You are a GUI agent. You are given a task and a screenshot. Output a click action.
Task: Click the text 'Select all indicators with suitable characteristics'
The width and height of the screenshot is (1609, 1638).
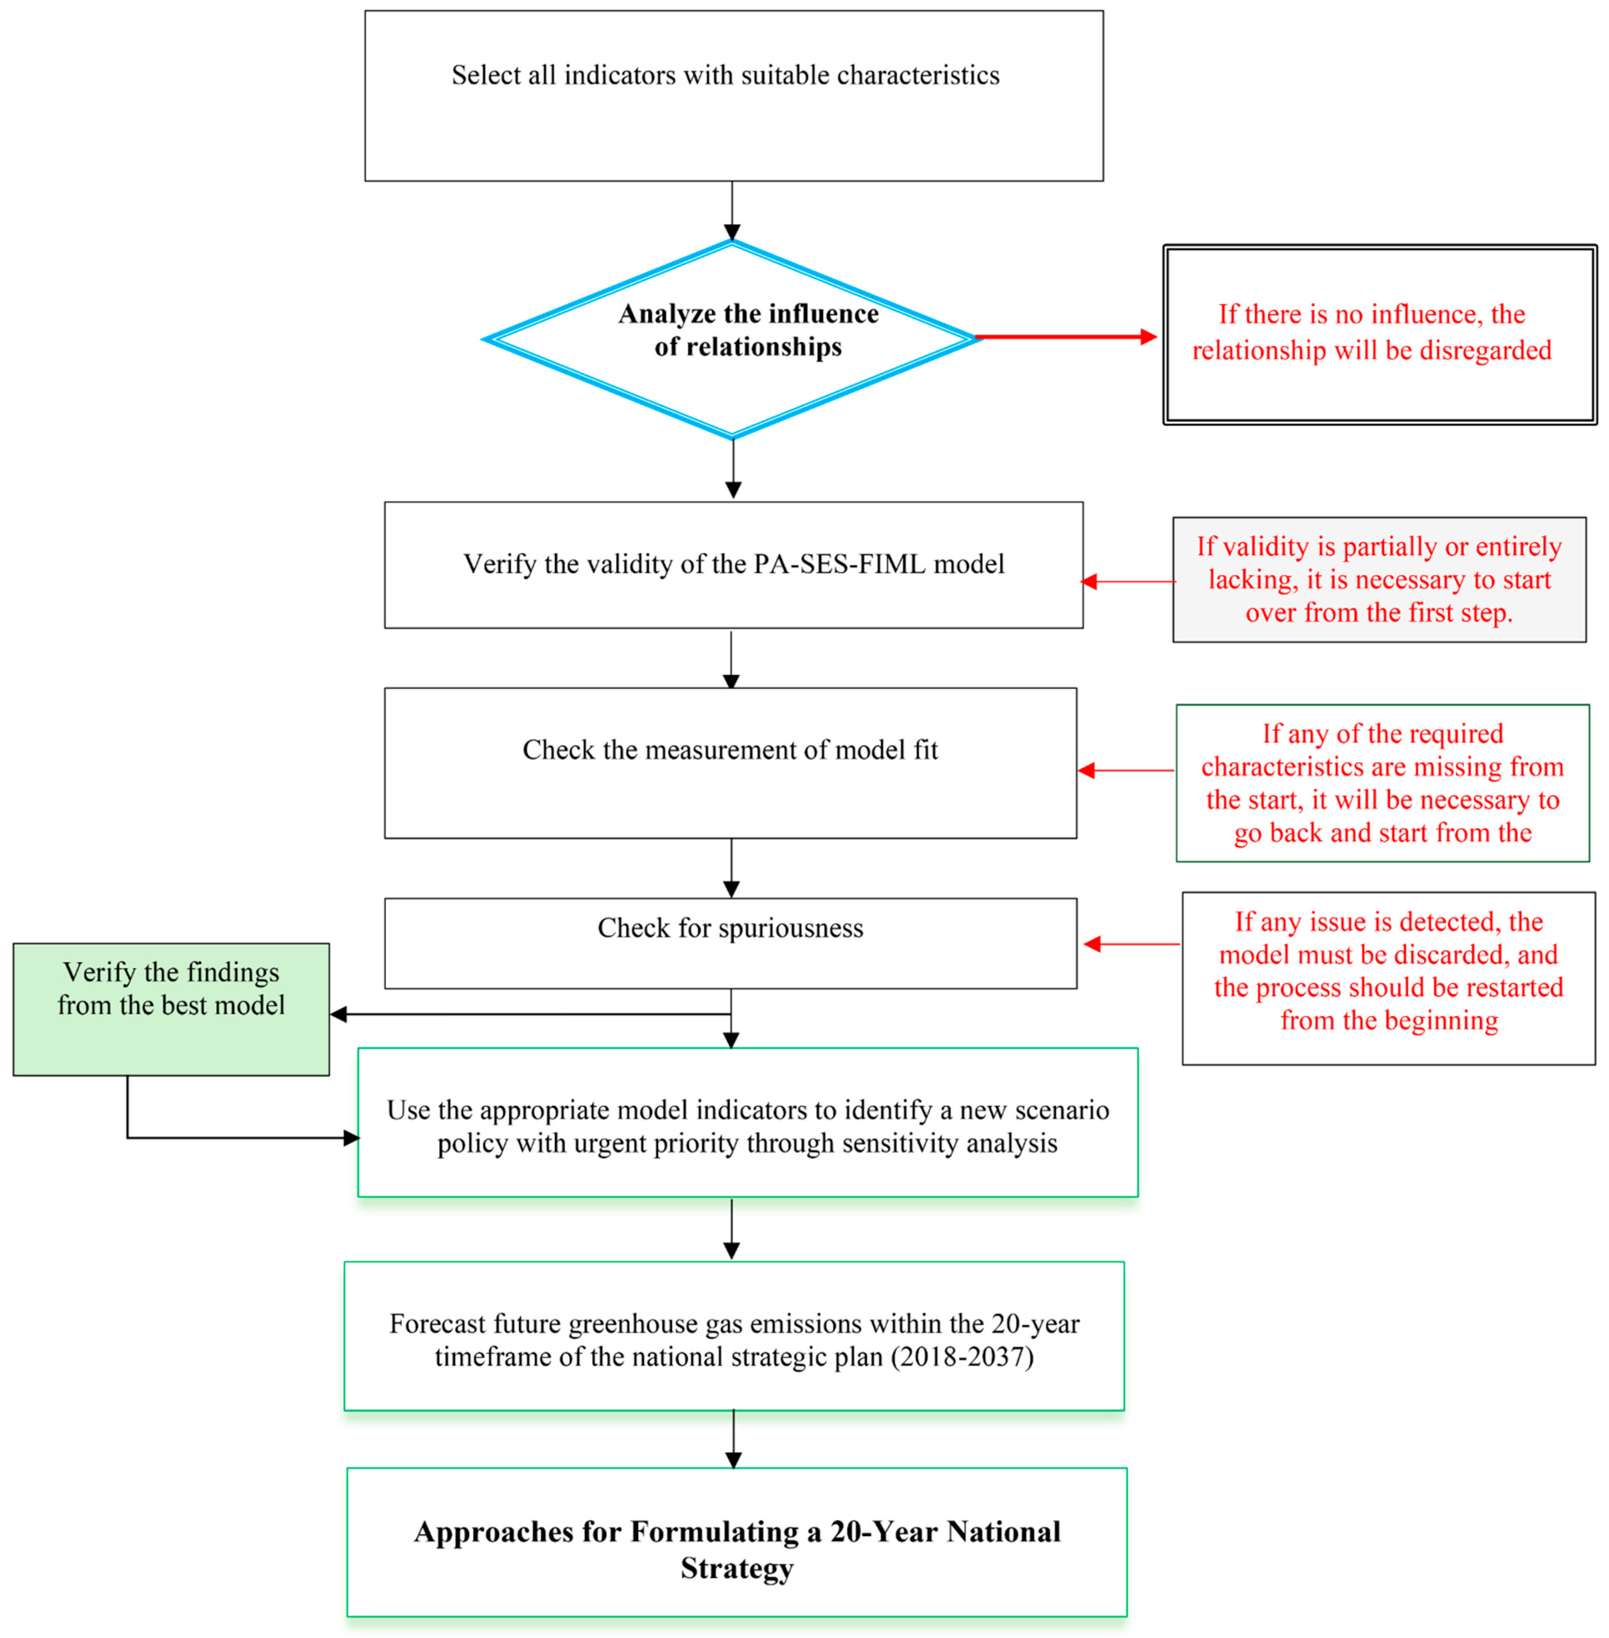(725, 75)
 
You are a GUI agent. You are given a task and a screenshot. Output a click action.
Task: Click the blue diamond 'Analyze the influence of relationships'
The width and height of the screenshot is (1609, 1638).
(732, 340)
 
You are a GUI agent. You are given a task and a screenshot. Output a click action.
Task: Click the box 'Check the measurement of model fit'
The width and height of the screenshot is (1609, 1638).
(730, 762)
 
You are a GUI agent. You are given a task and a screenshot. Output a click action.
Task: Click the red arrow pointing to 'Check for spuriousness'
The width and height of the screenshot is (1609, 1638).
(1131, 944)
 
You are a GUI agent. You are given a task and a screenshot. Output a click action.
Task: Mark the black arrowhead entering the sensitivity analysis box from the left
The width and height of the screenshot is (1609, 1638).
(352, 1138)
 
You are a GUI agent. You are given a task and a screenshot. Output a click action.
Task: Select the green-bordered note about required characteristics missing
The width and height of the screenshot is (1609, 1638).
(1383, 783)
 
